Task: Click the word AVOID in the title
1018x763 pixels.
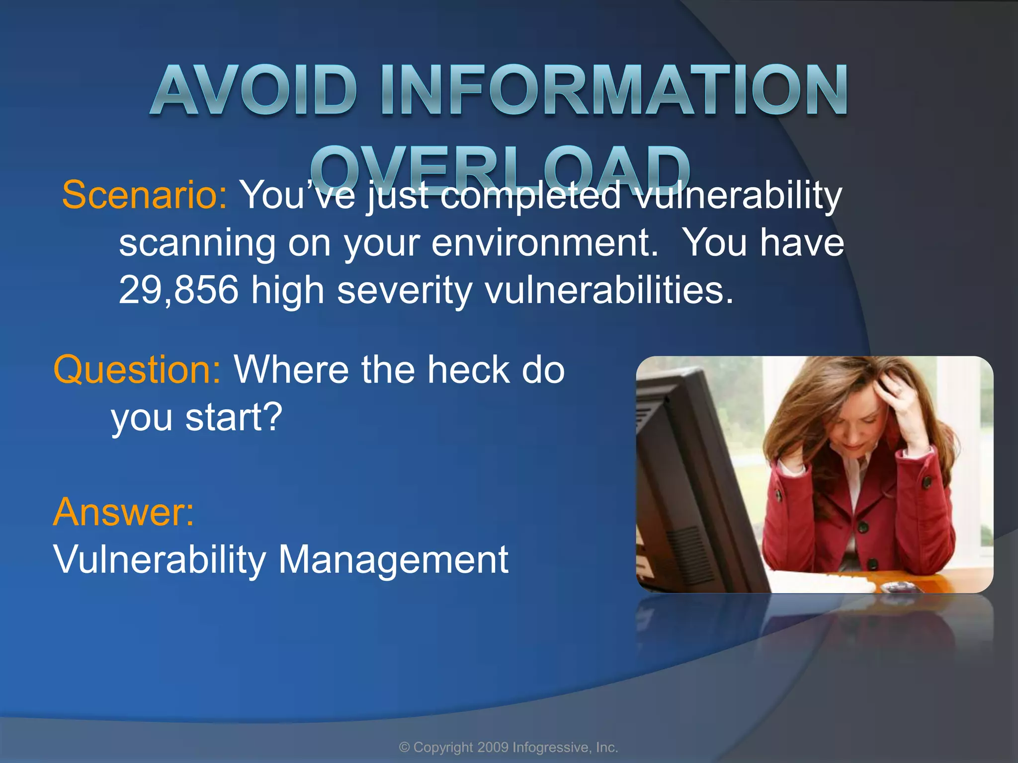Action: (254, 90)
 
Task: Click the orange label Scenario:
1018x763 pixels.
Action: (145, 195)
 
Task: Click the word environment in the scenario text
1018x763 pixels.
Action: (544, 243)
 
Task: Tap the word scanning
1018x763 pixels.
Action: (197, 243)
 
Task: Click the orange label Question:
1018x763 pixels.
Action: (137, 370)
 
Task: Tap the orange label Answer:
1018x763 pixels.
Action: (123, 512)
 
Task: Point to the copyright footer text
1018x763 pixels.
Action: (509, 747)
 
